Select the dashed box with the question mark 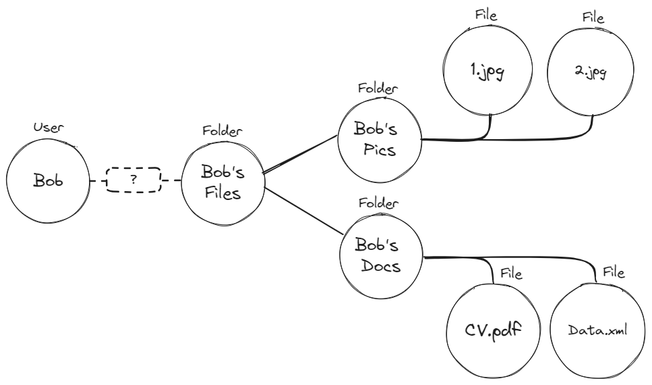click(134, 180)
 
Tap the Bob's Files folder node click(223, 180)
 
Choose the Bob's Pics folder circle click(378, 138)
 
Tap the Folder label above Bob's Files click(223, 130)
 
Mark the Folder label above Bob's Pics click(378, 88)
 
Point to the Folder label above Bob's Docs click(378, 202)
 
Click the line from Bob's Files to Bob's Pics click(300, 154)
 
